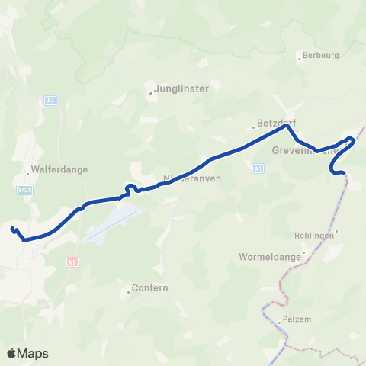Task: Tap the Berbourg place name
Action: [320, 55]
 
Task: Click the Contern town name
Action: [149, 288]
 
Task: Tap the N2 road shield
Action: [70, 260]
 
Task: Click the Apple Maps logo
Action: [27, 353]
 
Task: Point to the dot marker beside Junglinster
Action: [151, 95]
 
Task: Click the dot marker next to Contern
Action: [128, 292]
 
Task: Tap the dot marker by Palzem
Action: [280, 322]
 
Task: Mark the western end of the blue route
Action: [12, 228]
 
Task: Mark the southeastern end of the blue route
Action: [345, 174]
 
